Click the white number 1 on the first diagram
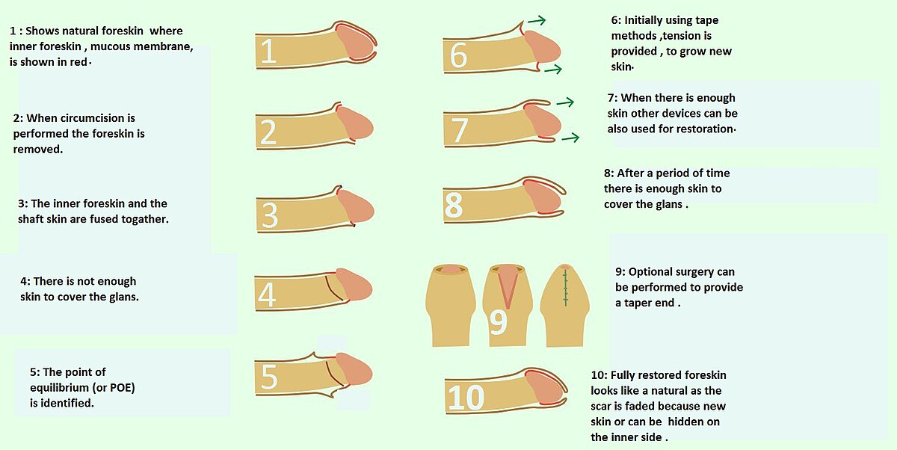268,51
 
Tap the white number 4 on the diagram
267,295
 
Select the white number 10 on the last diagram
466,398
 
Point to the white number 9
499,322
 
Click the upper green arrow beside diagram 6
537,20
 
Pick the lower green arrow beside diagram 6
553,70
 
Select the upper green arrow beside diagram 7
565,102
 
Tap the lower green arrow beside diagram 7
570,138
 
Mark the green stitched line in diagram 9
565,288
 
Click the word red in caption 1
78,62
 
